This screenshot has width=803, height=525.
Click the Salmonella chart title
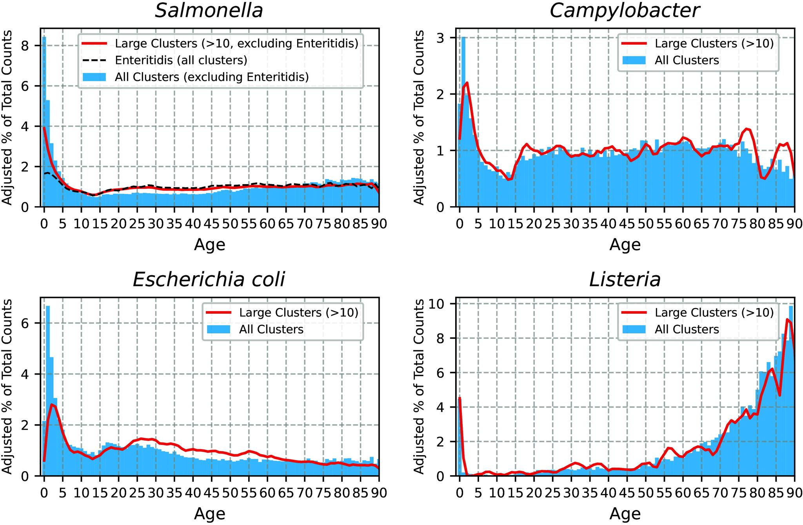point(209,11)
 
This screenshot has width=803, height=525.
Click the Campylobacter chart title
point(624,11)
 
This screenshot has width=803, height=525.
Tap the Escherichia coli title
point(209,280)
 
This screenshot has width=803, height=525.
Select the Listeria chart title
point(625,280)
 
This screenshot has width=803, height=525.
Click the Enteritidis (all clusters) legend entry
point(181,60)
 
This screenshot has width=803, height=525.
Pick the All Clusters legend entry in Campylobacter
point(687,60)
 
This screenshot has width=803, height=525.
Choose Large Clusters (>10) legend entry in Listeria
point(714,313)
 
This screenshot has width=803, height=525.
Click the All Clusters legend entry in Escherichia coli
point(271,329)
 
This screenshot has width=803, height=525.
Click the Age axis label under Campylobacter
point(625,245)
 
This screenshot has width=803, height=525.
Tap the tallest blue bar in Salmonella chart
point(44,118)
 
